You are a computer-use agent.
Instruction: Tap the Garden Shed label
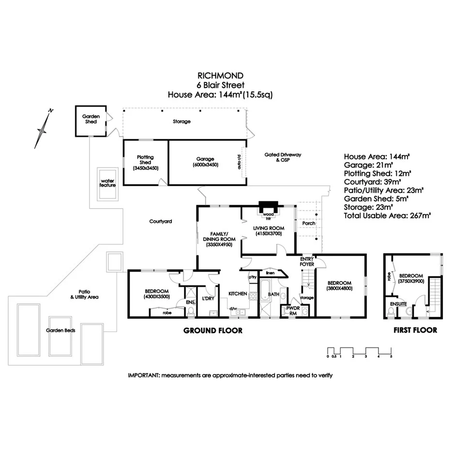coord(90,119)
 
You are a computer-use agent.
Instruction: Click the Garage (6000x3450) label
coord(205,162)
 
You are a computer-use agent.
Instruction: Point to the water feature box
coord(108,184)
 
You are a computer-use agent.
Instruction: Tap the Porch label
coord(308,224)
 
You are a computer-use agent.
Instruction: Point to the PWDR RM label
coord(293,310)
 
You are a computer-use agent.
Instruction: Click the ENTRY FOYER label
coord(307,262)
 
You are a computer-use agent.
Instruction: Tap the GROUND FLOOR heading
coord(212,331)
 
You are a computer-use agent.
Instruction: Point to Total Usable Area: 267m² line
coord(387,216)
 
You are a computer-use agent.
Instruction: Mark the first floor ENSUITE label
coord(399,304)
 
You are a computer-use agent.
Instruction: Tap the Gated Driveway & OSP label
coord(283,157)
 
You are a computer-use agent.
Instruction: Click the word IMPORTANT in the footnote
coord(144,375)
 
